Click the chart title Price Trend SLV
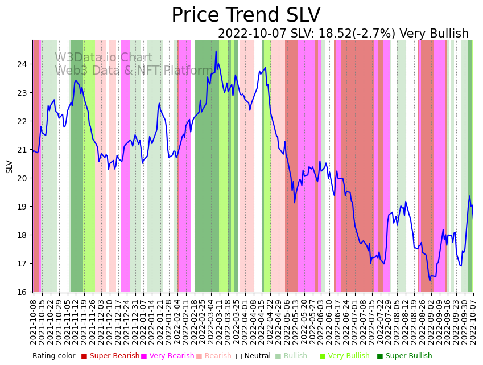[246, 15]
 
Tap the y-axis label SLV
[9, 166]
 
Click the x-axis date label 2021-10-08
[34, 321]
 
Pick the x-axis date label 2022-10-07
[473, 321]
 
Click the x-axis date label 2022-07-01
[354, 321]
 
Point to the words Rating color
[53, 356]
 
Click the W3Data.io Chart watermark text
[104, 58]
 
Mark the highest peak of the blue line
[216, 51]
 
